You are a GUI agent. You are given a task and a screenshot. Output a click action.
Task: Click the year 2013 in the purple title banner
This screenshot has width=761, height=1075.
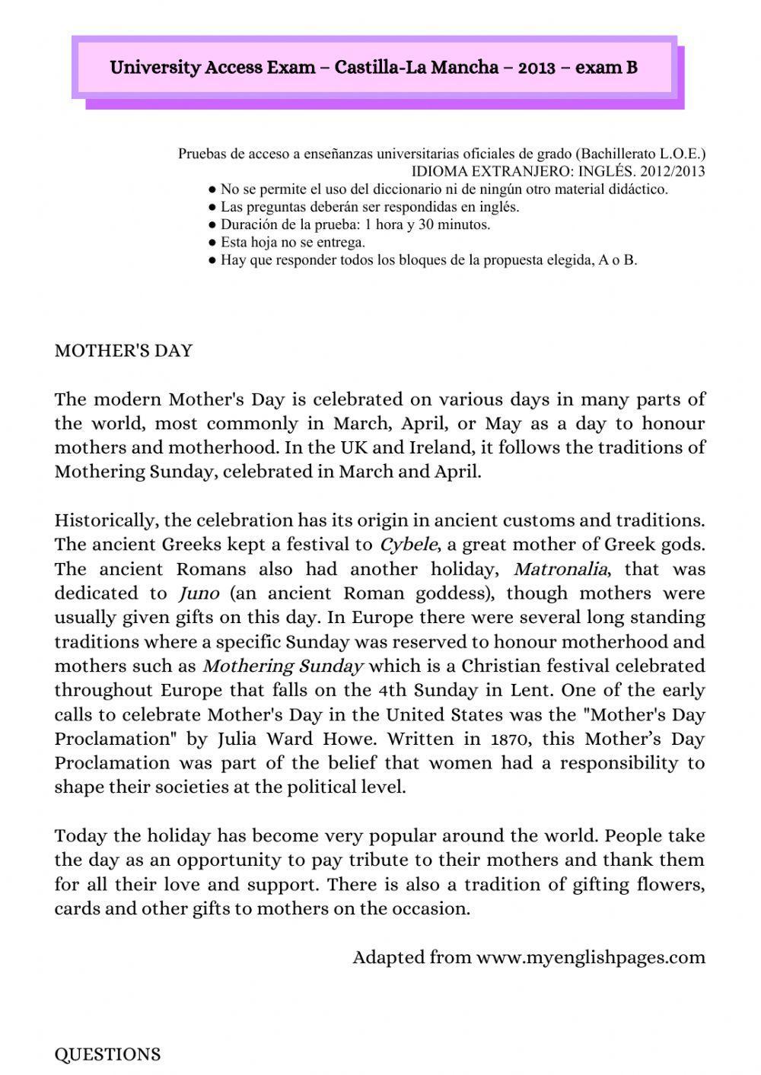(537, 68)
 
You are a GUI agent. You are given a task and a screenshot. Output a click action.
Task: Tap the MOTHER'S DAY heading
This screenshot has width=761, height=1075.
(123, 351)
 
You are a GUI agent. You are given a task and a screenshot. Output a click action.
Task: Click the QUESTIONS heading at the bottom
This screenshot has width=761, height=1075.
(107, 1054)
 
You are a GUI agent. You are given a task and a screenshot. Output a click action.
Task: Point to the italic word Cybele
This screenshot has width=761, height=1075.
(408, 545)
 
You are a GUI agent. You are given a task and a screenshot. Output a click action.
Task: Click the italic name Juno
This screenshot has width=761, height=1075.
(199, 593)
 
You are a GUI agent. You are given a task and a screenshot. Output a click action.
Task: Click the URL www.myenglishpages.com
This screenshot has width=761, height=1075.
(591, 957)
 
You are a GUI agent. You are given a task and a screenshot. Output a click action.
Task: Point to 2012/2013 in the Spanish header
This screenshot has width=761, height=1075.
(673, 171)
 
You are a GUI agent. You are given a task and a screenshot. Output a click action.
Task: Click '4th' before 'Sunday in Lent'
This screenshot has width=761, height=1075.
(393, 690)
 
